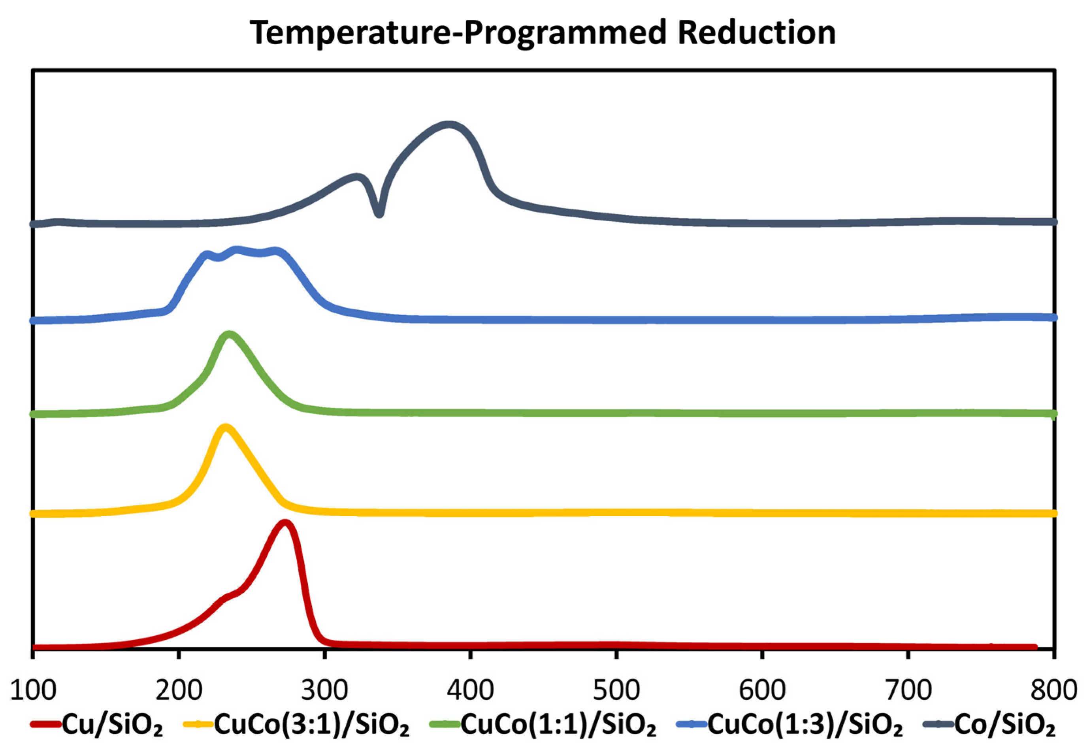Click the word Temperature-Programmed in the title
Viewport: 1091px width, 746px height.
458,33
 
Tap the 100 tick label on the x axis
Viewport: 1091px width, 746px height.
33,690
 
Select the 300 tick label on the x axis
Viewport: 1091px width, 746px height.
324,690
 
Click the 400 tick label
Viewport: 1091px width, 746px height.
470,690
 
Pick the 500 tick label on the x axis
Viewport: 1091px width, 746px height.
616,690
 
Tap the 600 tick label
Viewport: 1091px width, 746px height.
762,690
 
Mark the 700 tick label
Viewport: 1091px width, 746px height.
908,690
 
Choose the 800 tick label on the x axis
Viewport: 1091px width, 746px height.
1053,690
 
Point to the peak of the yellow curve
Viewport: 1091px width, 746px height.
225,427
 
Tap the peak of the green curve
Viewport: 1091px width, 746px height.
229,334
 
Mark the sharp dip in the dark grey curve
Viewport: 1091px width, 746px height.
379,214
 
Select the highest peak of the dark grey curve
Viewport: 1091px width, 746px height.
449,125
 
